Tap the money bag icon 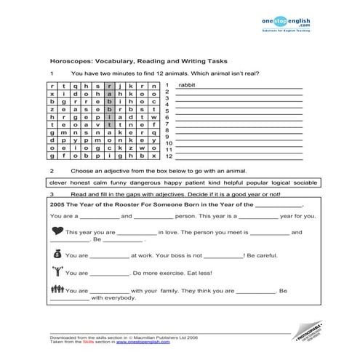click(x=57, y=255)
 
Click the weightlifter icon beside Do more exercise click(x=57, y=273)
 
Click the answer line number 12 click(x=168, y=156)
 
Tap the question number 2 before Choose click(x=52, y=169)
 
